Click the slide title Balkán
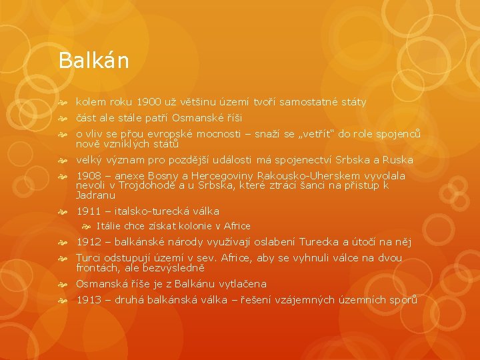93,61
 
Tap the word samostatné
308,102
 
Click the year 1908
89,176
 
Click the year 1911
89,211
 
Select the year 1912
89,241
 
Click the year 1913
89,300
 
